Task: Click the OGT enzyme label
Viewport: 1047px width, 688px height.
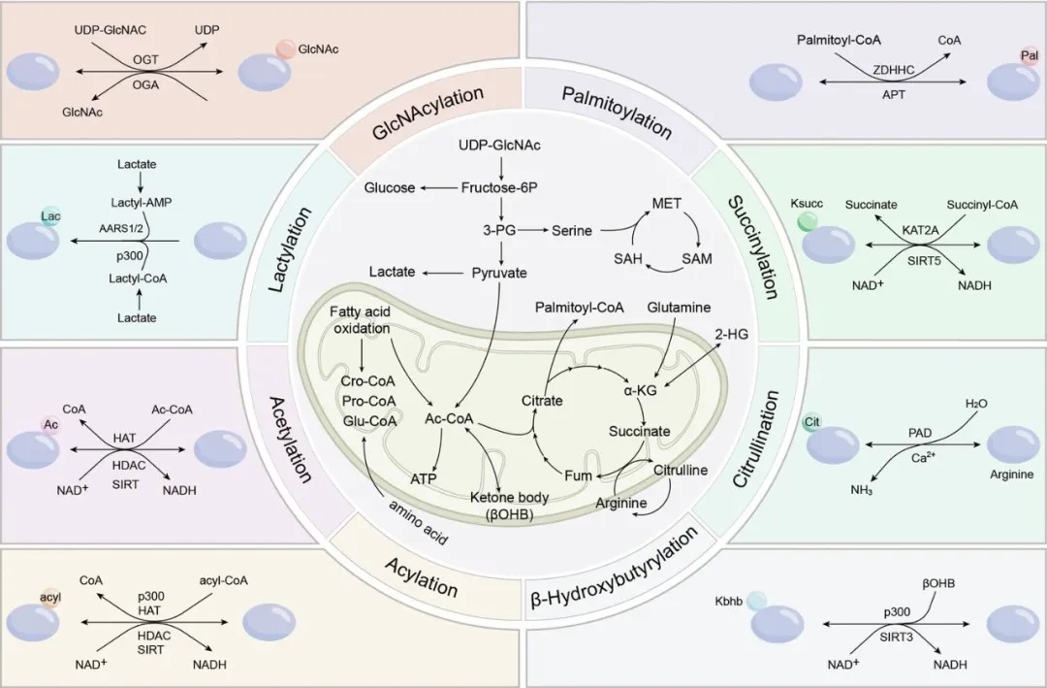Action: pos(145,59)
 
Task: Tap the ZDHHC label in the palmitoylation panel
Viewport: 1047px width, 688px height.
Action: pos(894,69)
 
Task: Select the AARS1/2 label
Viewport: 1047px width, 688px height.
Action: pos(121,227)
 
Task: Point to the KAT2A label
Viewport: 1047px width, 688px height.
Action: pos(920,230)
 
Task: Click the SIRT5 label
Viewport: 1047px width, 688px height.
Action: pos(924,260)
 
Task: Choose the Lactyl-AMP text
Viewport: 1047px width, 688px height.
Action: pos(141,202)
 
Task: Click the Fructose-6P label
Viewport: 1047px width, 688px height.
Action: pos(499,188)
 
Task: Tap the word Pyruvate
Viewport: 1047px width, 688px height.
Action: pos(499,273)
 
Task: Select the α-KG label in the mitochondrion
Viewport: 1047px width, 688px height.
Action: pos(641,390)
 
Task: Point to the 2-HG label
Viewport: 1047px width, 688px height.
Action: pos(732,335)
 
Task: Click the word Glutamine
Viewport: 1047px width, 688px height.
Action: pos(679,308)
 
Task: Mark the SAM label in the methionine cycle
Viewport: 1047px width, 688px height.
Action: pos(697,259)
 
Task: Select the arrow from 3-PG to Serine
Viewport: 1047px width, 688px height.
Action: pos(533,230)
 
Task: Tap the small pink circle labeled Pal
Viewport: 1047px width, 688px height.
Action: pos(1029,57)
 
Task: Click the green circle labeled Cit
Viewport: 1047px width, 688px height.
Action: pos(812,422)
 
